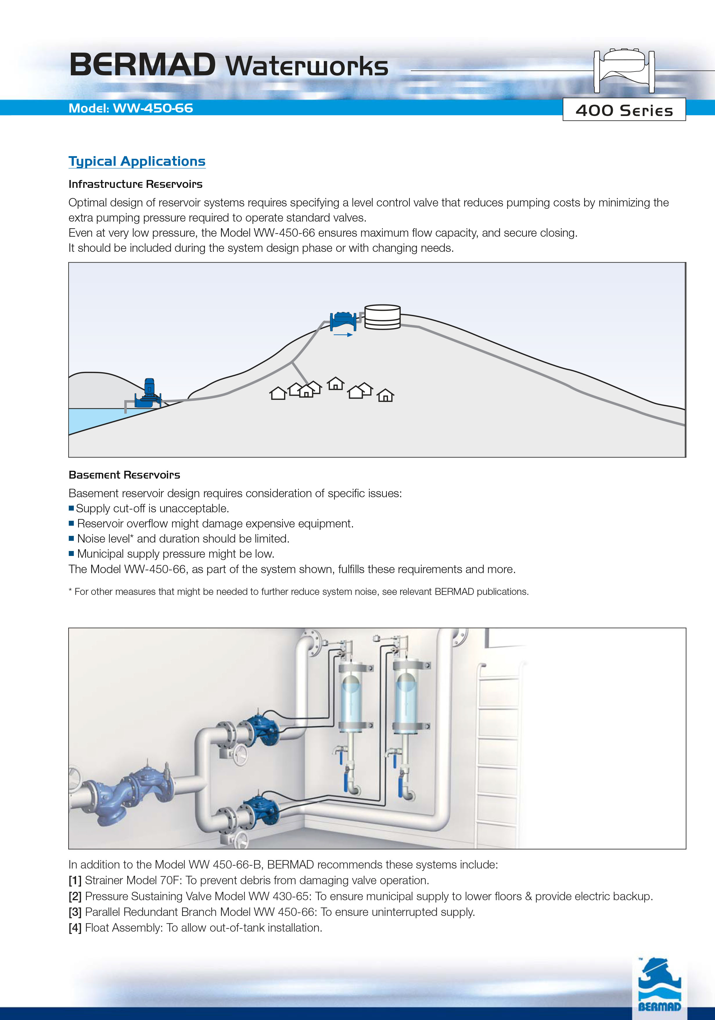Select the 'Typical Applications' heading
137,161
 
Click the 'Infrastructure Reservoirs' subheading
135,184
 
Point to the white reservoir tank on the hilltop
382,317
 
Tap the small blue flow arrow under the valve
343,334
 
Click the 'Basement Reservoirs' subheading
124,475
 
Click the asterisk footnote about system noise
298,592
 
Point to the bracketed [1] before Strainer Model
75,880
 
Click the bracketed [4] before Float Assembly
75,928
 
